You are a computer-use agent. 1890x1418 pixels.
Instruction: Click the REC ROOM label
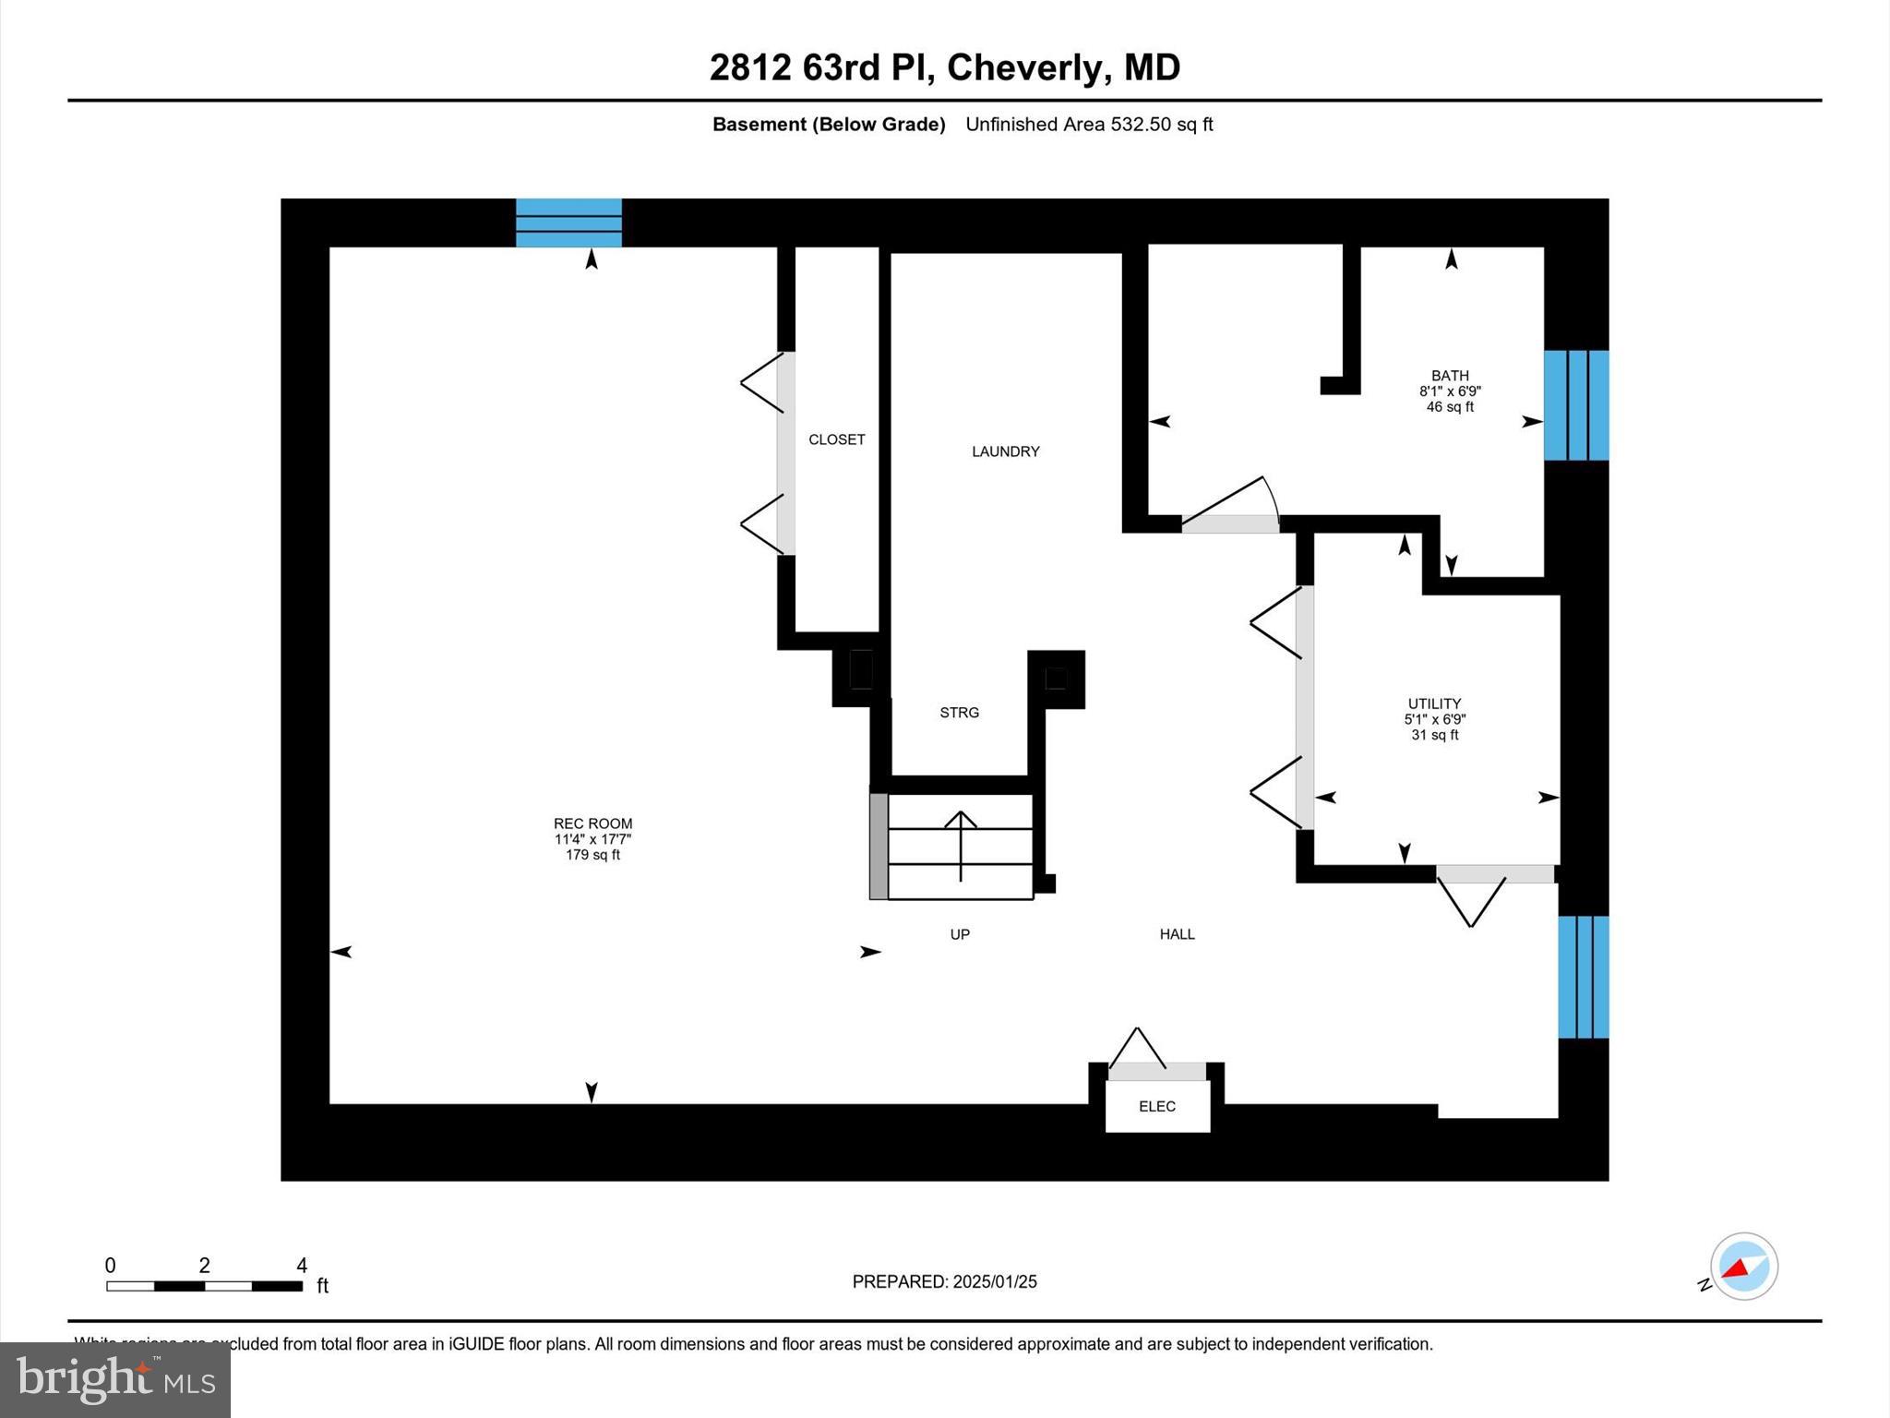click(x=592, y=824)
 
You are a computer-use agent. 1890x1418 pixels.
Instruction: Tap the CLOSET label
click(x=836, y=439)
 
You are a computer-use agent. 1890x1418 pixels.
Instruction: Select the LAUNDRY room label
click(x=1005, y=451)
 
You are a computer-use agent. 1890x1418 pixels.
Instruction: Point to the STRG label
click(x=959, y=713)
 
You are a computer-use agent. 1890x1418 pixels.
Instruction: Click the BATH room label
click(x=1450, y=376)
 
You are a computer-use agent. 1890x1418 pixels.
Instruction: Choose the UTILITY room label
click(x=1434, y=703)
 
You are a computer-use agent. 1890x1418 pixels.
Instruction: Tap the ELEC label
click(x=1157, y=1106)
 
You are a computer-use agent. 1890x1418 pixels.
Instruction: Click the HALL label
click(x=1177, y=934)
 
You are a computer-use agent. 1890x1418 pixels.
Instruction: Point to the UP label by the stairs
click(x=960, y=934)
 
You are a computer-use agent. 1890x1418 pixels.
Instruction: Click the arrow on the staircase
click(x=961, y=845)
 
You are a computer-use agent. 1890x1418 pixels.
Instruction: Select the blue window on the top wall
click(x=568, y=222)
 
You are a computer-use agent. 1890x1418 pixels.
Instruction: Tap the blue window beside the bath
click(x=1576, y=405)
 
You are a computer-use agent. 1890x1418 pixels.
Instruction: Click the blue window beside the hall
click(x=1583, y=977)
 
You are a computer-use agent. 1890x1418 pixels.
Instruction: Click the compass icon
click(x=1743, y=1267)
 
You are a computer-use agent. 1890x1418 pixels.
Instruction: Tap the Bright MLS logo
click(x=115, y=1379)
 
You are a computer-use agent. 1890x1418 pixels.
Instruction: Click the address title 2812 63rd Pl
click(x=944, y=67)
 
